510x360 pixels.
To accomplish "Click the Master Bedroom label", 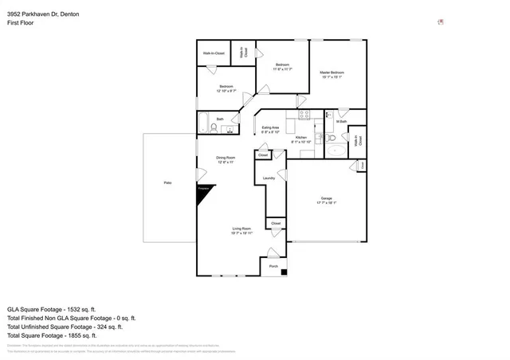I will tap(331, 74).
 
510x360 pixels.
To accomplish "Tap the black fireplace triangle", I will tap(203, 192).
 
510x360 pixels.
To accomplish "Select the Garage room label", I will tap(326, 198).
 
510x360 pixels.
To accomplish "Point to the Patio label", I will tap(168, 183).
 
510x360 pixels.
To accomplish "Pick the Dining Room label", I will tap(226, 158).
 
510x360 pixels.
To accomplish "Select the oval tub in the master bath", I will tap(337, 148).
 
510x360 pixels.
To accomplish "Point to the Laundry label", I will tap(269, 178).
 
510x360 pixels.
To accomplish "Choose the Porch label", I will tap(273, 267).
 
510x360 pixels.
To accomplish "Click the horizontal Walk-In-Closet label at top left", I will tap(213, 53).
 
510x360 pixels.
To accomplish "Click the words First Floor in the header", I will tap(22, 24).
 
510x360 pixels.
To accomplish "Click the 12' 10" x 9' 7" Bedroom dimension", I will tap(226, 91).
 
